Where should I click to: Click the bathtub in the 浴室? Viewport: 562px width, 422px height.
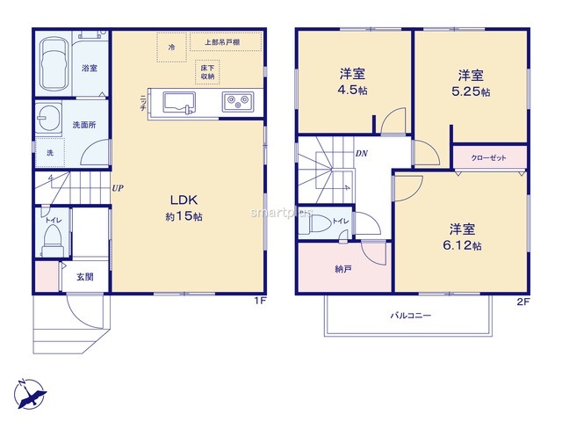tap(54, 64)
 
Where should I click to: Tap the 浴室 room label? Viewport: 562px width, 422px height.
tap(90, 68)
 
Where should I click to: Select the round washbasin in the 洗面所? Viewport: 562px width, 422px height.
tap(49, 119)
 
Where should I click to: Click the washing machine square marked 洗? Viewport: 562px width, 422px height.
tap(50, 153)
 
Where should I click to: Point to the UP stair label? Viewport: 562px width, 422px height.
tap(118, 188)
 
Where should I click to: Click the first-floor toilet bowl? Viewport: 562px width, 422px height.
tap(53, 240)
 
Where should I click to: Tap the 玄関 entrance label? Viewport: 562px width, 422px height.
tap(85, 277)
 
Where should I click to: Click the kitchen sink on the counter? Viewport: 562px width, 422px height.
tap(179, 103)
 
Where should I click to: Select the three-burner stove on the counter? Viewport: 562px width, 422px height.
tap(238, 102)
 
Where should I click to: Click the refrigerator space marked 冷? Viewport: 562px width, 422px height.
tap(172, 47)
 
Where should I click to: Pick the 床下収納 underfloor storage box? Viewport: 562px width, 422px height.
tap(207, 72)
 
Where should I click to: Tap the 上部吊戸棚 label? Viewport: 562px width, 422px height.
tap(222, 42)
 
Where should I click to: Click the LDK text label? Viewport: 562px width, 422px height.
tap(184, 200)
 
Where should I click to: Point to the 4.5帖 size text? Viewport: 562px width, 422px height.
tap(352, 90)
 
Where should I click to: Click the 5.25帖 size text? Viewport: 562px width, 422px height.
tap(471, 91)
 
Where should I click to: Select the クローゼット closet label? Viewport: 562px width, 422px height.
tap(488, 158)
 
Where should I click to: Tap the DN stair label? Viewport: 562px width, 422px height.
tap(362, 153)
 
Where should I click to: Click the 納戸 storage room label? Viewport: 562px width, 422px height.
tap(343, 269)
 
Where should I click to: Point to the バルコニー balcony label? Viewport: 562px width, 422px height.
tap(410, 316)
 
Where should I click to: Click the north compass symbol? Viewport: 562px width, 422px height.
tap(30, 395)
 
